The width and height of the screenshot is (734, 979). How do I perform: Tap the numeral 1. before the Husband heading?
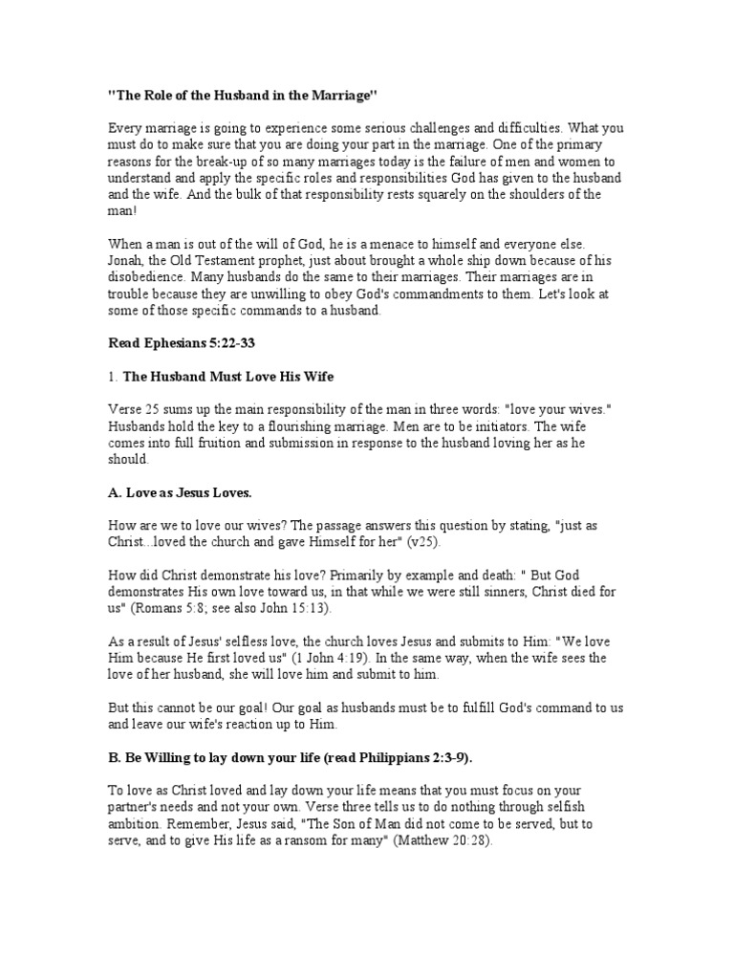[112, 376]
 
